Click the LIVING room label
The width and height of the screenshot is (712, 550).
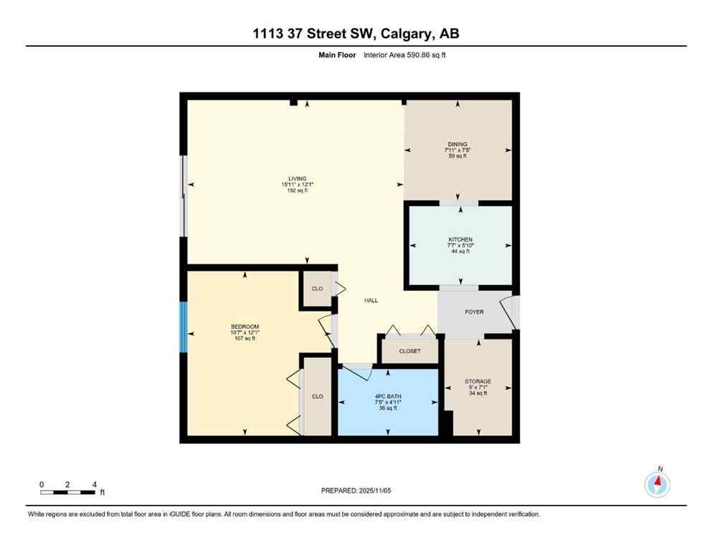[298, 178]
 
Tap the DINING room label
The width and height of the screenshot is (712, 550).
[457, 144]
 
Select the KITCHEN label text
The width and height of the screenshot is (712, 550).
[460, 239]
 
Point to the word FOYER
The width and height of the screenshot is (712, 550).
[474, 312]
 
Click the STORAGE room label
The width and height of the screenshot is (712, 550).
[478, 381]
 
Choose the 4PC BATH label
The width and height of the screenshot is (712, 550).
[388, 396]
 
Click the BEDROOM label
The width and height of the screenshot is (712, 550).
[245, 327]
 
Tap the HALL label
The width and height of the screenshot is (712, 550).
[371, 301]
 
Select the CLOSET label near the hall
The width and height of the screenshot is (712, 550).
[410, 352]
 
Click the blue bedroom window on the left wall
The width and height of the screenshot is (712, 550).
[184, 327]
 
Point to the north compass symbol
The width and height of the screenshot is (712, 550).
[657, 484]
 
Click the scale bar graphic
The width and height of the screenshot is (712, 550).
[68, 492]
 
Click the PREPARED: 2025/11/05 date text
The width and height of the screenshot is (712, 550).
[356, 491]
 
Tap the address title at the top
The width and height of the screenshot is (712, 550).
[356, 34]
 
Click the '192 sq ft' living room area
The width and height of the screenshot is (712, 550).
[298, 190]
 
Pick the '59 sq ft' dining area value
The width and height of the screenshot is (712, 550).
[457, 156]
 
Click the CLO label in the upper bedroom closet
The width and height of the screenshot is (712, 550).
[317, 289]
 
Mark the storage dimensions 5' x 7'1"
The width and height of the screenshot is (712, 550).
[478, 387]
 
